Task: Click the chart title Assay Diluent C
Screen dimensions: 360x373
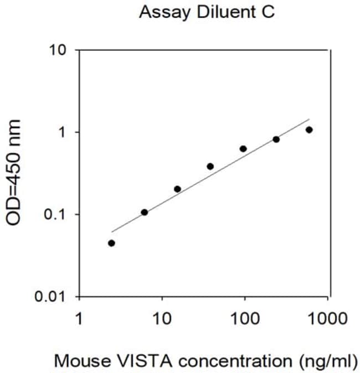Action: [207, 12]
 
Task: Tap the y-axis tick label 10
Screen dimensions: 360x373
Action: [58, 50]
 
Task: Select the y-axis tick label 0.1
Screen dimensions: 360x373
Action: [54, 214]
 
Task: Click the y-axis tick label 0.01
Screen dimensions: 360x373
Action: [50, 297]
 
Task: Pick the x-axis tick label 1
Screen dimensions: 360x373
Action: [79, 319]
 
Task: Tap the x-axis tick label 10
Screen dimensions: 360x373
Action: [162, 319]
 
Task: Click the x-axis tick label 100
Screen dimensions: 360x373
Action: [245, 319]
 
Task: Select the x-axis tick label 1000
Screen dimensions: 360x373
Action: [328, 319]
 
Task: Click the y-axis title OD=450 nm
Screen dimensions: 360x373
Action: [13, 173]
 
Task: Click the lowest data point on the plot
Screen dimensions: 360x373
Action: [111, 243]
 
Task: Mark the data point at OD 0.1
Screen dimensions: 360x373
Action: [145, 212]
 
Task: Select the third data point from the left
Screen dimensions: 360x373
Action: [177, 189]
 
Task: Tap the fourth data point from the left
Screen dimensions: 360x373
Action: [210, 166]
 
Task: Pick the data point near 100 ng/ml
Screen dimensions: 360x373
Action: [243, 149]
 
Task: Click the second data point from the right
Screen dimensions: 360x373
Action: [276, 139]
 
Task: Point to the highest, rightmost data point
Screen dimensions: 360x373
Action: [309, 130]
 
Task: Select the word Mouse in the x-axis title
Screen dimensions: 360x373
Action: [83, 361]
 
